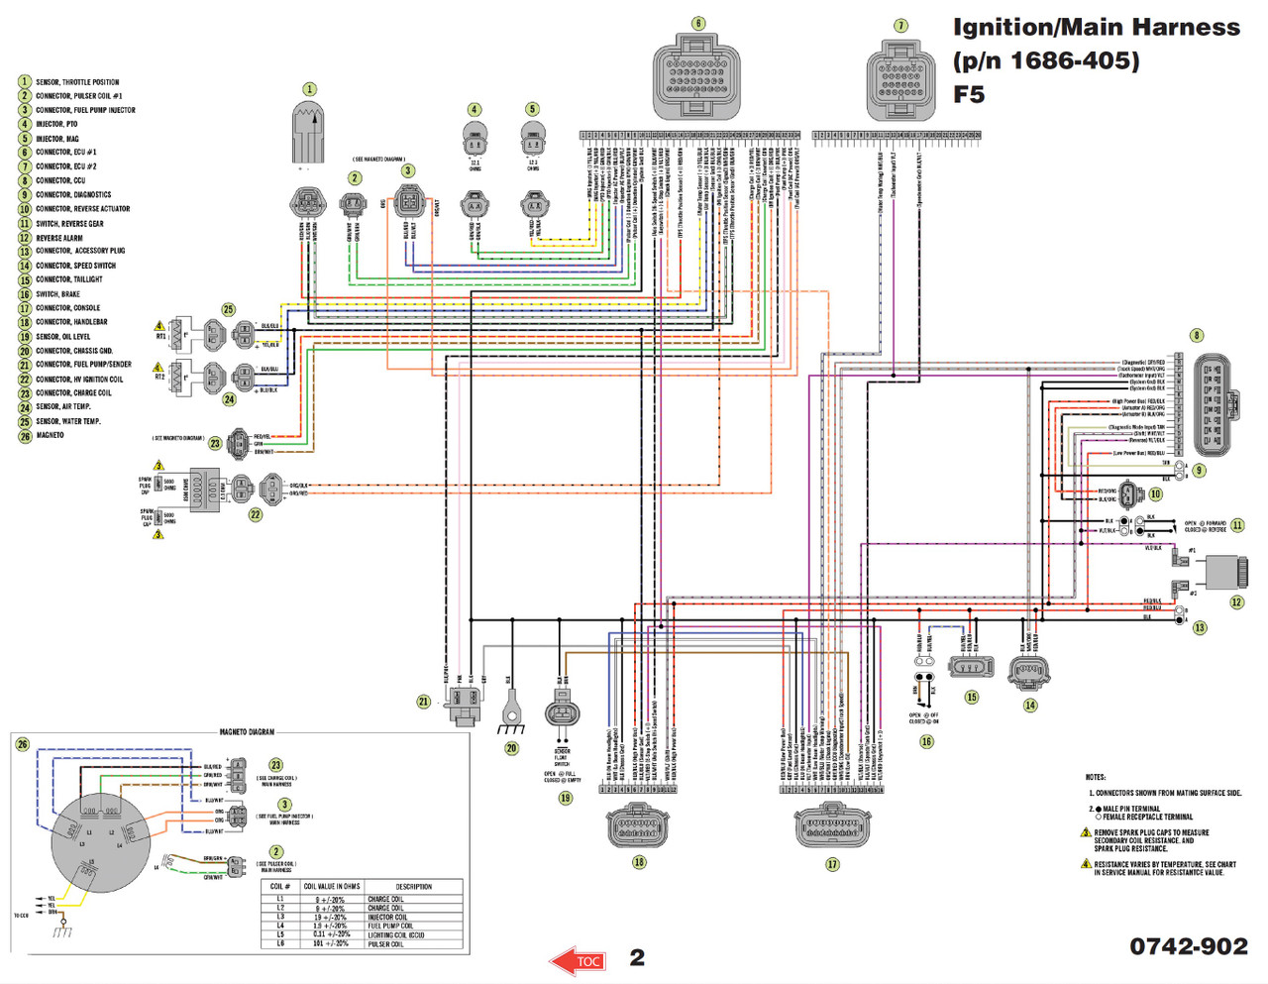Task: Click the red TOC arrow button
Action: [x=580, y=960]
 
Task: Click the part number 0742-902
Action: [x=1188, y=946]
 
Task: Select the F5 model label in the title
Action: [x=969, y=94]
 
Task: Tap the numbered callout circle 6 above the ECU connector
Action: [x=698, y=23]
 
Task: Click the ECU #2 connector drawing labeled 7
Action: [x=899, y=80]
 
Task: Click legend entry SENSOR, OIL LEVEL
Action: [x=62, y=337]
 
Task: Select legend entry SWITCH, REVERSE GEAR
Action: [x=69, y=224]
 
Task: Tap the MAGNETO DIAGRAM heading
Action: [x=247, y=731]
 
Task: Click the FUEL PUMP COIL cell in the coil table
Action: [x=390, y=926]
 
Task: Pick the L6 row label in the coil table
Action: [x=280, y=943]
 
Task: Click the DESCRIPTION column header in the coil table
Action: [x=413, y=886]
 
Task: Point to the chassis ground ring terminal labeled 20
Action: [x=511, y=708]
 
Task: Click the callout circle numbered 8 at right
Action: [x=1197, y=335]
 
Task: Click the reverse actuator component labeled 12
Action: [x=1226, y=573]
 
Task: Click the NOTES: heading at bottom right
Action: [x=1095, y=777]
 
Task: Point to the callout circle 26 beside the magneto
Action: [x=23, y=744]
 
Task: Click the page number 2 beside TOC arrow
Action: [x=637, y=957]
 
